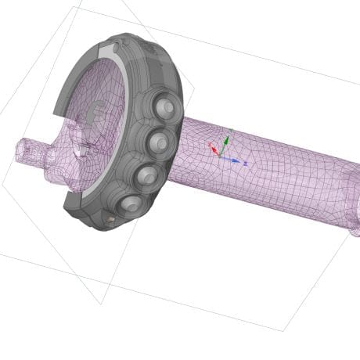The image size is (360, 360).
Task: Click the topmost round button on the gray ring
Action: [165, 106]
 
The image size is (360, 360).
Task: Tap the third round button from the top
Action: [146, 177]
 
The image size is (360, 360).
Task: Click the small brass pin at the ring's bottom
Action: [110, 221]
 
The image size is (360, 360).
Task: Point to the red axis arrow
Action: [213, 148]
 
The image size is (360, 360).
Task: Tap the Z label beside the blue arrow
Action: [245, 163]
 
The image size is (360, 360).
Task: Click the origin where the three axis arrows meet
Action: [220, 157]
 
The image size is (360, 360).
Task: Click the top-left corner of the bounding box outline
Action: [74, 7]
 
